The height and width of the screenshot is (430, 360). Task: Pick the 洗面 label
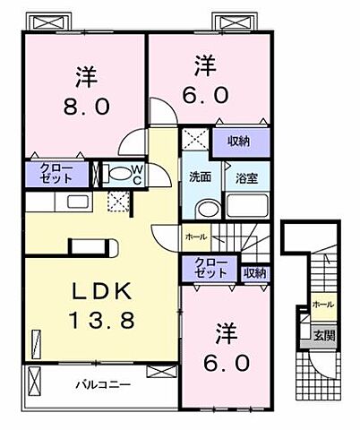[200, 176]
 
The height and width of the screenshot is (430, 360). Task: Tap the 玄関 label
[324, 336]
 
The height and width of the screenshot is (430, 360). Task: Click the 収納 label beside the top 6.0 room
[237, 140]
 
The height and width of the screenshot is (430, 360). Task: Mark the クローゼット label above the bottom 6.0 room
[211, 268]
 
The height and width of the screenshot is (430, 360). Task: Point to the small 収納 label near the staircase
[254, 272]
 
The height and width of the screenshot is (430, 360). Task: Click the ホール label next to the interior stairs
[194, 236]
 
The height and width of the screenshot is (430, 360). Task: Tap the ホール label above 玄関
[323, 305]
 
